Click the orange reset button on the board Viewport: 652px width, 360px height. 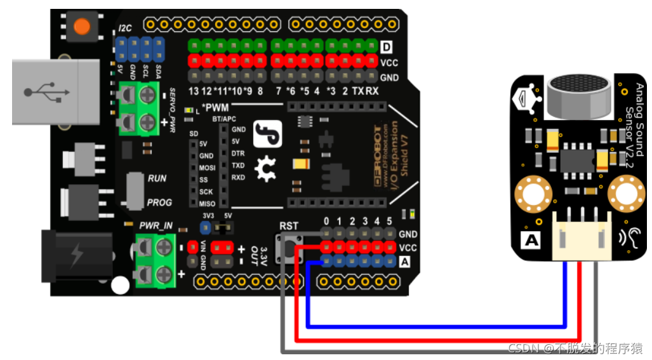coord(82,26)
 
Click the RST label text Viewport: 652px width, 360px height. coord(289,226)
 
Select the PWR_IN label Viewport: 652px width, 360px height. coord(156,225)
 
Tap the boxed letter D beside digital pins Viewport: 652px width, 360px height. coord(387,47)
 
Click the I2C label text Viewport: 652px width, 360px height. coord(125,29)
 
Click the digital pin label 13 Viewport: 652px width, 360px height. coord(194,91)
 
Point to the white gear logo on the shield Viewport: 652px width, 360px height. coord(264,170)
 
